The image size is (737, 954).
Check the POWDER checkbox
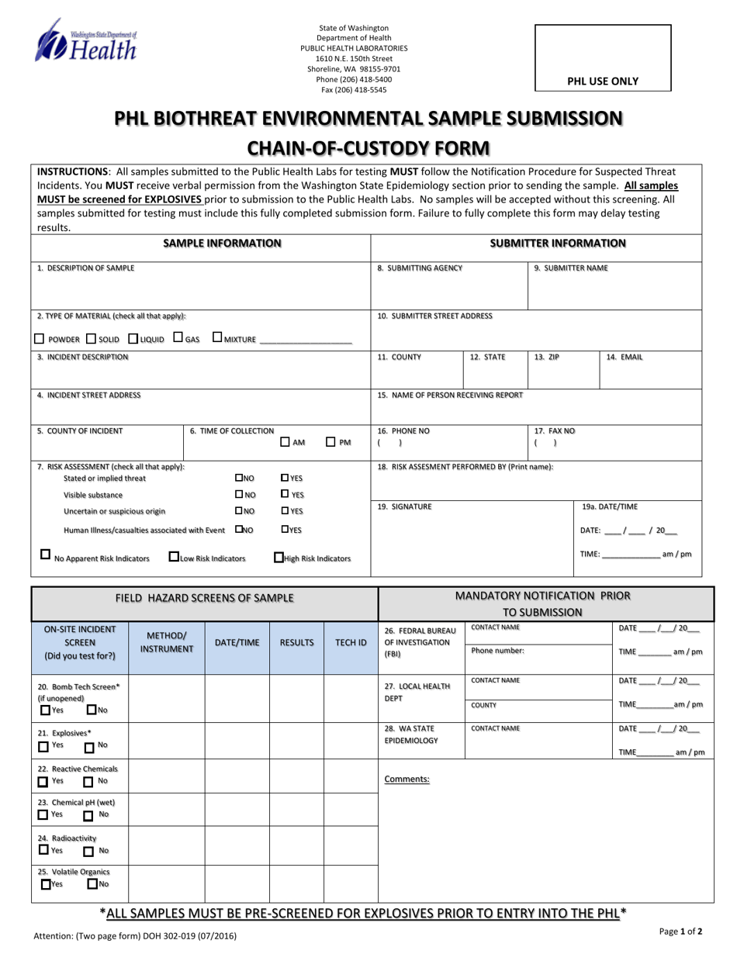(40, 339)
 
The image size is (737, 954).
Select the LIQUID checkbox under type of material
(133, 339)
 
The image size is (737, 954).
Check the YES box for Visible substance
(285, 494)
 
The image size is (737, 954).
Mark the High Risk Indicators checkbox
(278, 557)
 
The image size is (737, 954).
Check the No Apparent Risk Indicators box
(45, 555)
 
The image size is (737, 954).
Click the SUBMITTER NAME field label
(571, 268)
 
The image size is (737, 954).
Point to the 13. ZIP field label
(546, 358)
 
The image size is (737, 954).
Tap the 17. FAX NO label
(554, 430)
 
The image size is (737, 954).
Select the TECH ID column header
(351, 642)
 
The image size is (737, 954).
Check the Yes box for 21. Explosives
(43, 747)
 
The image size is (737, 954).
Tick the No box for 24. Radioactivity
(88, 852)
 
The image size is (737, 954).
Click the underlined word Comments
(407, 779)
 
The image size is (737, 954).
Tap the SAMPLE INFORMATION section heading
(222, 244)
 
